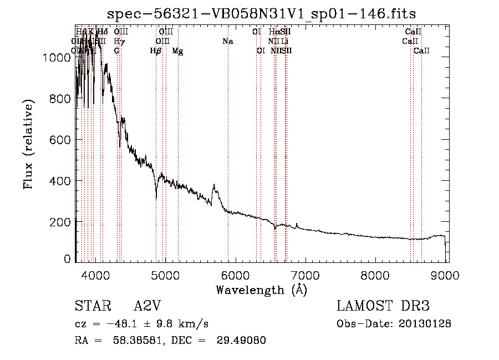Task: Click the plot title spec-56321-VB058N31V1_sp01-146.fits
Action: coord(261,13)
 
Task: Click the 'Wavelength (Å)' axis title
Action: coord(261,290)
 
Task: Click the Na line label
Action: coord(228,42)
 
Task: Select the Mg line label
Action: coord(177,51)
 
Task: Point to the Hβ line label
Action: coord(156,51)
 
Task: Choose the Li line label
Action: coord(284,42)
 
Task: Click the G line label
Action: coord(116,51)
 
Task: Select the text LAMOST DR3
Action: coord(383,307)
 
